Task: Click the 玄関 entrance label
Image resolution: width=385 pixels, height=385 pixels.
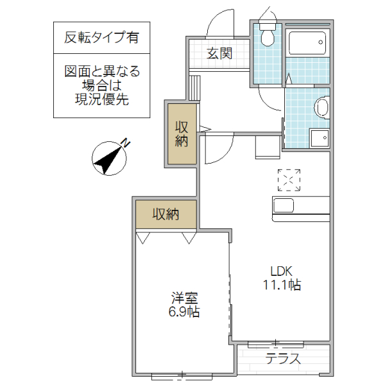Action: pos(218,53)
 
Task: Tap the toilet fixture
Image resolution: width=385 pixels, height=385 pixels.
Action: pos(266,35)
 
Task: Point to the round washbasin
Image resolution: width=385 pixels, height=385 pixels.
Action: pos(323,106)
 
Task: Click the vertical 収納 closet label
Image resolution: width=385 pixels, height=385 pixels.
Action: pos(182,133)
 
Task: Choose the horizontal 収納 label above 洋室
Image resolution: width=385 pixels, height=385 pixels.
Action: pos(165,214)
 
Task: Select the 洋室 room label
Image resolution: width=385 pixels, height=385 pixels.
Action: pos(185,298)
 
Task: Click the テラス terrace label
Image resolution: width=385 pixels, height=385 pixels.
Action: pos(283,359)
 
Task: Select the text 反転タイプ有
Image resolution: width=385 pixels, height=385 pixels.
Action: pos(102,37)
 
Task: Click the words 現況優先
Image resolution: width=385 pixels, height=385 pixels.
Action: pos(102,99)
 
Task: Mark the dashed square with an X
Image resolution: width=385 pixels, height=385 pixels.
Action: pos(289,180)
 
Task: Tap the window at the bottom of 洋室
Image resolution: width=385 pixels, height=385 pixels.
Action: pos(182,374)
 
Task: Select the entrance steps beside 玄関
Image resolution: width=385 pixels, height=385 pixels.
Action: pos(195,85)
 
